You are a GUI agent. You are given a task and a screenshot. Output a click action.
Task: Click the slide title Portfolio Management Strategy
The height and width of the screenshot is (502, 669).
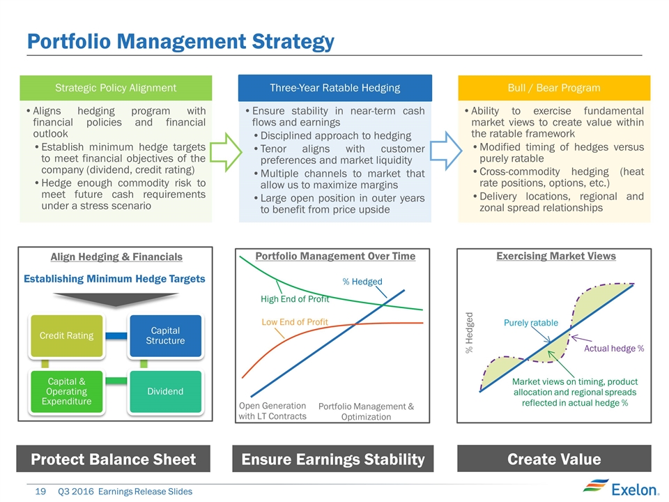click(x=180, y=42)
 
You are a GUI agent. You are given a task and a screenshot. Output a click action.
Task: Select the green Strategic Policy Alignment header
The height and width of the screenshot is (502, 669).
click(x=116, y=88)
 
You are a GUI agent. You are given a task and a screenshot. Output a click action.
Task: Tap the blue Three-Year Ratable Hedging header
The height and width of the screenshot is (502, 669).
click(x=335, y=88)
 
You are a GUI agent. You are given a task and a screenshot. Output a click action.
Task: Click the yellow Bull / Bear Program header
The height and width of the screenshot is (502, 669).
click(x=554, y=88)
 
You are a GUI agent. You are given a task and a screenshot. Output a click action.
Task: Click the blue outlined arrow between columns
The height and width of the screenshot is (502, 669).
click(x=446, y=151)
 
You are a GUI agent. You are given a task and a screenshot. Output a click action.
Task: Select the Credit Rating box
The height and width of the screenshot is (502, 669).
click(x=67, y=336)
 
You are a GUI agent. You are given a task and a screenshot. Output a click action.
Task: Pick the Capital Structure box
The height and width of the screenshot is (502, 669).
click(x=166, y=336)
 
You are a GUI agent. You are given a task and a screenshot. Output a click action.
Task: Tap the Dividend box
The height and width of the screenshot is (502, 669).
click(x=166, y=391)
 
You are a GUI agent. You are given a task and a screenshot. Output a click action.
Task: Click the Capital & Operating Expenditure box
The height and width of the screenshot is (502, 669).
click(x=67, y=391)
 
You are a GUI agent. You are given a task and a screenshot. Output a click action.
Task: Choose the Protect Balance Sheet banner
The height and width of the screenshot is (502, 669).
click(x=113, y=459)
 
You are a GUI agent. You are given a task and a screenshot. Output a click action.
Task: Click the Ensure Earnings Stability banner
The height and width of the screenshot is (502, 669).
click(x=333, y=459)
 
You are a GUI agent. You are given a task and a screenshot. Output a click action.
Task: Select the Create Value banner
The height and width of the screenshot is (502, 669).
click(x=554, y=459)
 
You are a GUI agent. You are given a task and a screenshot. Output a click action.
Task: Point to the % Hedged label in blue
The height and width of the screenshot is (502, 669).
click(x=362, y=282)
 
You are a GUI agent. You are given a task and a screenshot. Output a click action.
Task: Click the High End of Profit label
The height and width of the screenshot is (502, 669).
click(x=295, y=299)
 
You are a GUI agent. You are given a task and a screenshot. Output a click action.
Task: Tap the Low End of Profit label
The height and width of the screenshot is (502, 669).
click(x=295, y=322)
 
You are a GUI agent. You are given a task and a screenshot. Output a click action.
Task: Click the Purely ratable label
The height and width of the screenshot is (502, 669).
click(x=531, y=323)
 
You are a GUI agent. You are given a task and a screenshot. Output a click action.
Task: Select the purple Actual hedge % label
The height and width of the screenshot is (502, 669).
click(x=614, y=349)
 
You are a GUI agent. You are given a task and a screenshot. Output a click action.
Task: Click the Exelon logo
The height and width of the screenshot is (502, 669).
click(x=621, y=489)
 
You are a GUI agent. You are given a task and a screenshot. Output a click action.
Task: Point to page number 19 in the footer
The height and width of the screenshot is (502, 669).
click(x=40, y=492)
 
